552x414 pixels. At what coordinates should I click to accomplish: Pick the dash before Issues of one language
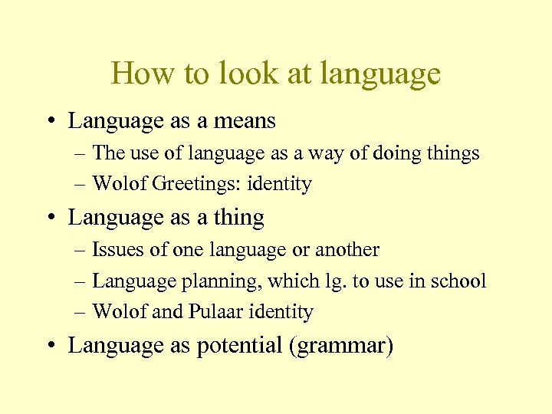81,251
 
